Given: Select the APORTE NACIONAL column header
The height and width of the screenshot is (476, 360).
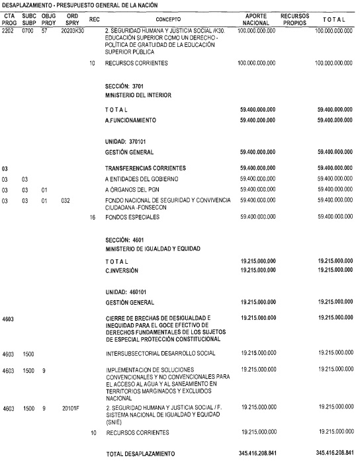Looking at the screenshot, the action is click(256, 19).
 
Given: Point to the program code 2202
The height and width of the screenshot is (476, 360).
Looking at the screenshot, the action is click(9, 31).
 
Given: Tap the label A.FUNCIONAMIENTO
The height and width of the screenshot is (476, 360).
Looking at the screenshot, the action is click(130, 120).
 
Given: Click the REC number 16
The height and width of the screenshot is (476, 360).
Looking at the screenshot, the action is click(93, 216).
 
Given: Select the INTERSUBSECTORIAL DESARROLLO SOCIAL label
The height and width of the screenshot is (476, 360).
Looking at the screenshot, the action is click(160, 354).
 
